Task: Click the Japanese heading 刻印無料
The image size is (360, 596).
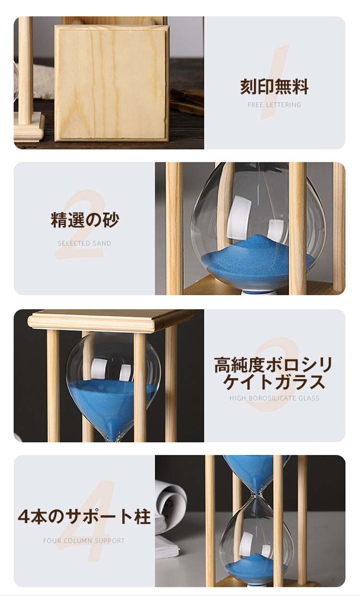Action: pos(274,86)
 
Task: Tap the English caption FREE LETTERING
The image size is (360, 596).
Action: pos(275,105)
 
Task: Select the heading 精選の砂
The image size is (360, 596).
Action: pos(85,220)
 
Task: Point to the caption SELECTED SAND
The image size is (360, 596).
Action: pos(84,243)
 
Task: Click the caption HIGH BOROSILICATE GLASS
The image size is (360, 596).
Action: pos(275,398)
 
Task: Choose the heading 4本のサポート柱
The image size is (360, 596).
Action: pos(84,516)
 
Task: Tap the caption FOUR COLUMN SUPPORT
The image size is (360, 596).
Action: pos(84,541)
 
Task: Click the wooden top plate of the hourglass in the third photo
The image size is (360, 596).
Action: pos(112,321)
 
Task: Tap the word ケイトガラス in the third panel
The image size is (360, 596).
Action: pos(275,382)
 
